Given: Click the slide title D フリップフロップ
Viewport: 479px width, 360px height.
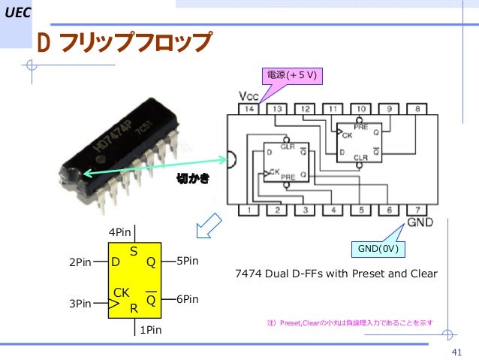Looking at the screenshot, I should click(125, 44).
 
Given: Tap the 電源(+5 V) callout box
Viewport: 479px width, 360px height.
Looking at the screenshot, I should click(291, 75).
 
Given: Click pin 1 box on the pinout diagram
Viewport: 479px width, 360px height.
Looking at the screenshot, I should click(249, 210).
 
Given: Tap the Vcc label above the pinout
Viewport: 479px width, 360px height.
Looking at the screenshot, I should click(249, 96).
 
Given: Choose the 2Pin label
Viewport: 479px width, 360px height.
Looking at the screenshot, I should click(80, 263).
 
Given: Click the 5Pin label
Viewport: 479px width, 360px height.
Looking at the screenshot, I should click(188, 262).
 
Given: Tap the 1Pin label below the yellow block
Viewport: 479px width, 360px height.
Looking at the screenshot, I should click(151, 329).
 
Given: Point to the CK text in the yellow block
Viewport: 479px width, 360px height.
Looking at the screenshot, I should click(122, 292).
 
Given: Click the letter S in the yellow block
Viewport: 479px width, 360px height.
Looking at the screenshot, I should click(134, 253).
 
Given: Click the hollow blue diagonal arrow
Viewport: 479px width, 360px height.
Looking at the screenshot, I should click(206, 224).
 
